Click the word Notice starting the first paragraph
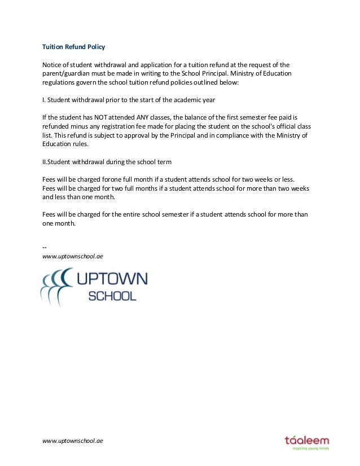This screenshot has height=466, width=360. pyautogui.click(x=52, y=64)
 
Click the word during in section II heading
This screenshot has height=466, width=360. pyautogui.click(x=112, y=162)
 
